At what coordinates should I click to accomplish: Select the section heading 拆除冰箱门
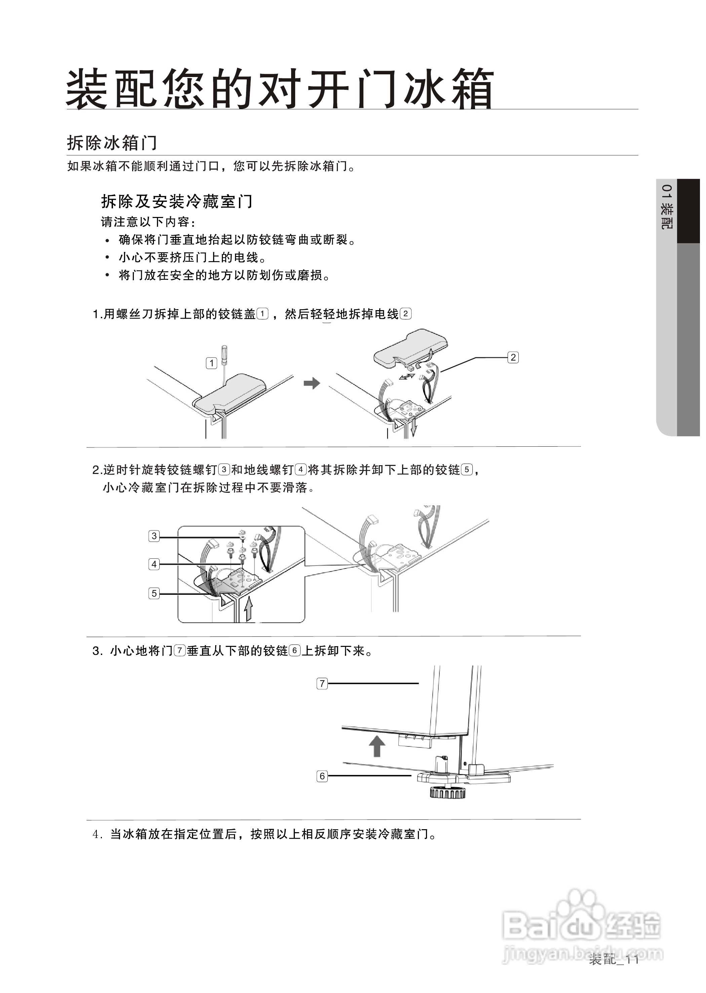pyautogui.click(x=112, y=143)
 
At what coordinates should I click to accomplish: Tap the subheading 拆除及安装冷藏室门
pyautogui.click(x=176, y=201)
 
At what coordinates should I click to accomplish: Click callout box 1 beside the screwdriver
pyautogui.click(x=211, y=363)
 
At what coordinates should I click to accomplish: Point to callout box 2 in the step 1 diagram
pyautogui.click(x=513, y=358)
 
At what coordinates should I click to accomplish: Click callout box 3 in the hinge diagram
pyautogui.click(x=154, y=536)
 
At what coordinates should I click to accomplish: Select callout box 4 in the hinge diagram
pyautogui.click(x=154, y=564)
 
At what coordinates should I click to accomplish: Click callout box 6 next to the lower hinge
pyautogui.click(x=322, y=775)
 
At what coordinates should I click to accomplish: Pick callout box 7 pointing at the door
pyautogui.click(x=322, y=683)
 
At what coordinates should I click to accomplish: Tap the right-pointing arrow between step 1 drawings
pyautogui.click(x=312, y=383)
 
